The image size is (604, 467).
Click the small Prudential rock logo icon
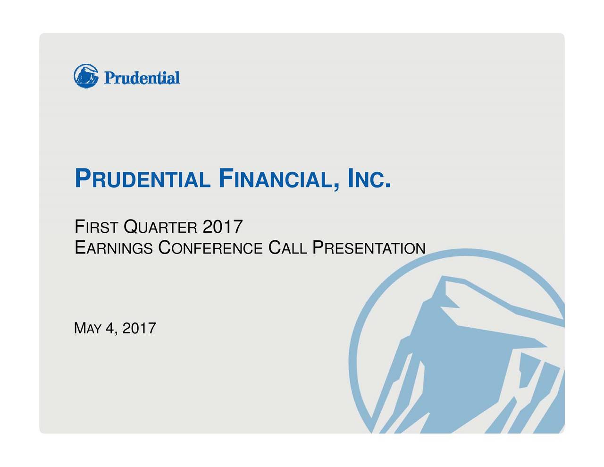pyautogui.click(x=86, y=76)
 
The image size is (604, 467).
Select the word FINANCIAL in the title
pyautogui.click(x=278, y=180)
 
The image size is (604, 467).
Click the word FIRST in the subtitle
pyautogui.click(x=96, y=228)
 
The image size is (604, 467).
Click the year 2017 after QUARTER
pyautogui.click(x=222, y=227)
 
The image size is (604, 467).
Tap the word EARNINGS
pyautogui.click(x=114, y=248)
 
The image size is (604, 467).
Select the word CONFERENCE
pyautogui.click(x=210, y=248)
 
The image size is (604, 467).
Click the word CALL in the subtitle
pyautogui.click(x=287, y=248)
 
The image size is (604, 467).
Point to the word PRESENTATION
pyautogui.click(x=369, y=248)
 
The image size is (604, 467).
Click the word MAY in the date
pyautogui.click(x=88, y=328)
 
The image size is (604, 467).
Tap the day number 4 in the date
pyautogui.click(x=110, y=328)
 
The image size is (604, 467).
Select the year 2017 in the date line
pyautogui.click(x=139, y=328)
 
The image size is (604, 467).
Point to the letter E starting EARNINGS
pyautogui.click(x=79, y=247)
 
